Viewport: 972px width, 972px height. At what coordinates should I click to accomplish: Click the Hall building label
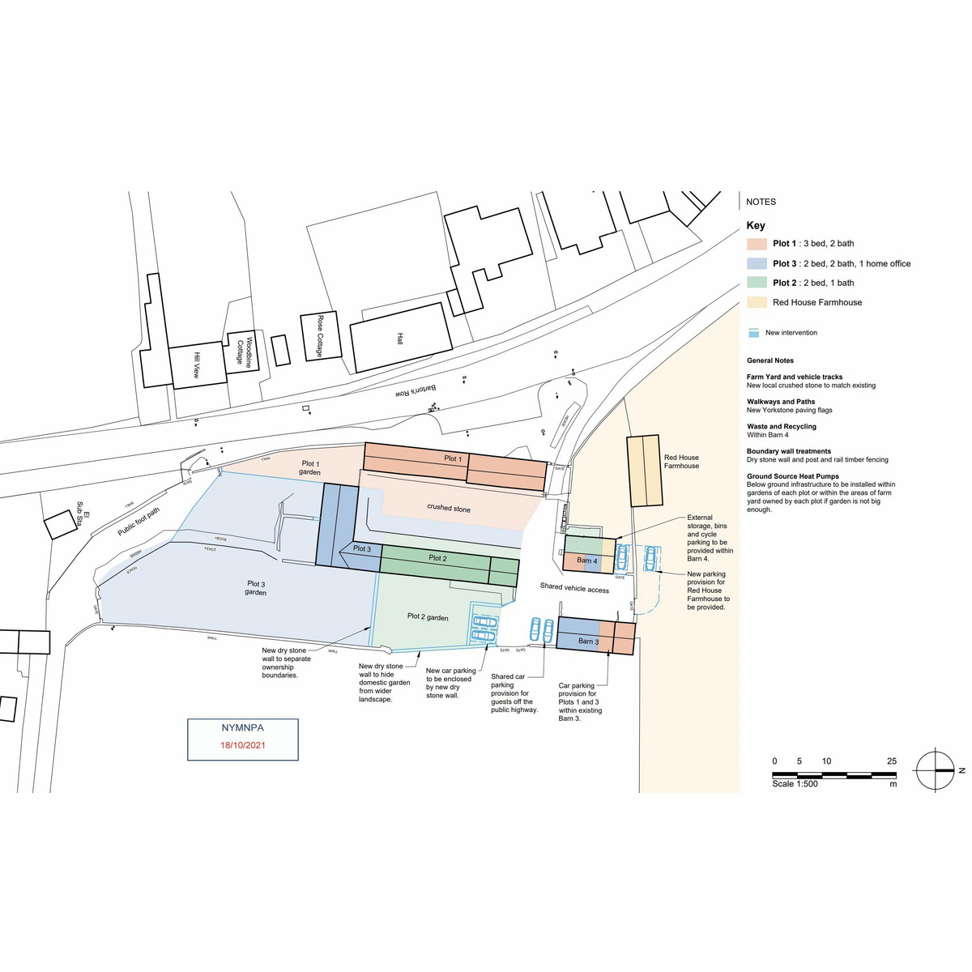399,339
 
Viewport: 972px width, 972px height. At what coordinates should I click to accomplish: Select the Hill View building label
196,365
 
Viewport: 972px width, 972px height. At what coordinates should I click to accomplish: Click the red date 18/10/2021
243,745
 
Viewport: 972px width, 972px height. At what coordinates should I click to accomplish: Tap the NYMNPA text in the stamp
243,728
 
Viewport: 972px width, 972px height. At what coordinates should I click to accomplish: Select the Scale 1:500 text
795,784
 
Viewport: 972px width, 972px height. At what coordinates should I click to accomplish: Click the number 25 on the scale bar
892,761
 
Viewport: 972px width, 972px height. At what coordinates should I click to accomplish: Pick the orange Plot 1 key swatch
757,244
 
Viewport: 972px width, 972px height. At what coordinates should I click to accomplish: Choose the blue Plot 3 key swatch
757,263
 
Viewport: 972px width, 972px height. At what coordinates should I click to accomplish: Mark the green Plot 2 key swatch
757,283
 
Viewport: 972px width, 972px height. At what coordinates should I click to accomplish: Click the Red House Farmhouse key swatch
757,302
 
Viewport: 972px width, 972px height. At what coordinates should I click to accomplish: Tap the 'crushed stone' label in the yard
449,508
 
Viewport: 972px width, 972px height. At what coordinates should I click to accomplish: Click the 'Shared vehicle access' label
574,588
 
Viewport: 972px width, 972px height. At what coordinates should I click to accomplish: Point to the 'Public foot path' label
139,522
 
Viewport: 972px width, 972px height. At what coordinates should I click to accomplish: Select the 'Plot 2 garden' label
428,617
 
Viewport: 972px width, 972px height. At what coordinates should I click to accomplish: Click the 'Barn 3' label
589,642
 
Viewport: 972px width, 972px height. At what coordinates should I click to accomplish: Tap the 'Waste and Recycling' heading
782,427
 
